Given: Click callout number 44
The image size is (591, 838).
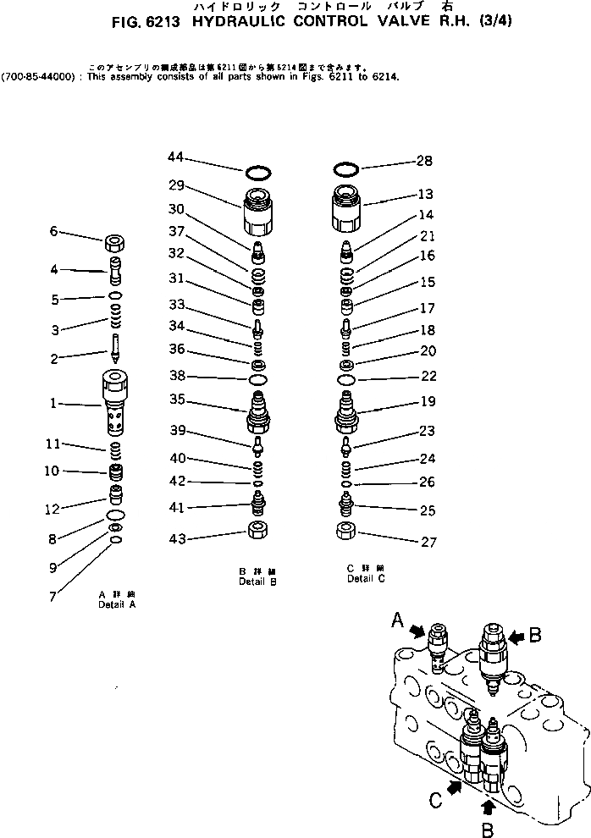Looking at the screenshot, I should point(175,157).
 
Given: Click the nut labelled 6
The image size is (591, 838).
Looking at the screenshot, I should point(116,244).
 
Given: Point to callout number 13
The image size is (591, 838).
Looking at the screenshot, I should point(425,194).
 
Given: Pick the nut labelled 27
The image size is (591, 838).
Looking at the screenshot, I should point(345,533).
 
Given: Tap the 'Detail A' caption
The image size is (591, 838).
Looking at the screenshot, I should point(117,605).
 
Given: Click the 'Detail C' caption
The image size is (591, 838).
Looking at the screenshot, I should point(366,579).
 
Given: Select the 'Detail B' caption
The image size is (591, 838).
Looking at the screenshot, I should point(257,582).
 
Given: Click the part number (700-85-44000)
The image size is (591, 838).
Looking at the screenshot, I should point(36,76).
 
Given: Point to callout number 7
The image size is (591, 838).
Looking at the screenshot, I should point(52,596).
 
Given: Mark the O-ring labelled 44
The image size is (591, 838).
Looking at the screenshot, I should point(258,174).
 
